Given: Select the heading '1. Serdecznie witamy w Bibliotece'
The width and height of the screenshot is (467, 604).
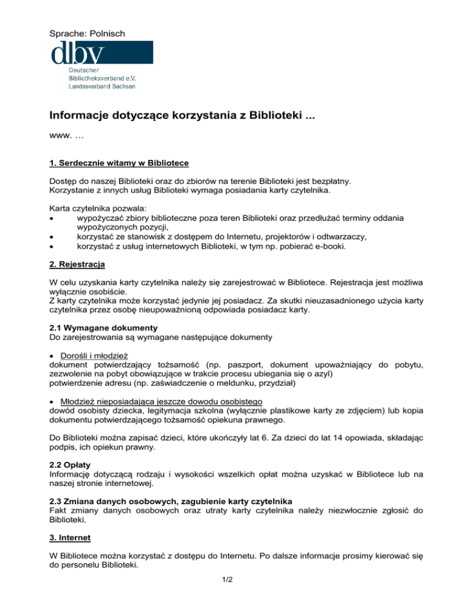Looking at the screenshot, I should click(x=119, y=163).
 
